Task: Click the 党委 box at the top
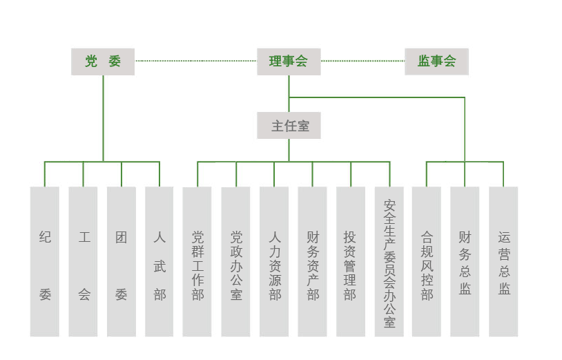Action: (x=103, y=61)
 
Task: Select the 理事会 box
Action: (x=289, y=61)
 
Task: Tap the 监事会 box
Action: (x=436, y=61)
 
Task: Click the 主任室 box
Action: (x=289, y=126)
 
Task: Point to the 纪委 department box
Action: (x=45, y=261)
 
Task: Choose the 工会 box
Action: (x=84, y=261)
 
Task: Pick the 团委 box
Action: (x=122, y=261)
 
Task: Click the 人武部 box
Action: (x=159, y=261)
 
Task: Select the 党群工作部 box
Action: (x=197, y=261)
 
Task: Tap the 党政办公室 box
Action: (x=236, y=261)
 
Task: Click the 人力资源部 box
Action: (x=274, y=261)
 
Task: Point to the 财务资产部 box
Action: (x=312, y=261)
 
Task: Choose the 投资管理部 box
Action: (x=351, y=261)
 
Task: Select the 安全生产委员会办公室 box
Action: (x=389, y=261)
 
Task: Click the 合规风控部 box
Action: (x=427, y=261)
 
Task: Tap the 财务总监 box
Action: (x=465, y=261)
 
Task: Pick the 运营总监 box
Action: (x=503, y=261)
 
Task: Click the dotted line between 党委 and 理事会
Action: (x=196, y=61)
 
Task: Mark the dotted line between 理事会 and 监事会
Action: (x=362, y=61)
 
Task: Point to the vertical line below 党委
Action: (x=104, y=117)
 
